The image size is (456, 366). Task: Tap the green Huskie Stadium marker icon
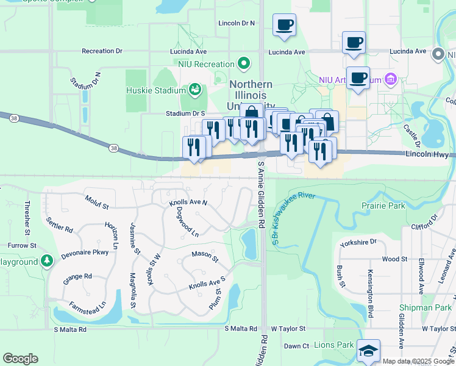coord(195,90)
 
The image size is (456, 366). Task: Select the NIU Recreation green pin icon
coord(244,63)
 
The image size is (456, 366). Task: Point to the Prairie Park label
coord(383,206)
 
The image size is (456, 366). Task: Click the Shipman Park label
coord(425,308)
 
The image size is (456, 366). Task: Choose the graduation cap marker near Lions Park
coord(368,351)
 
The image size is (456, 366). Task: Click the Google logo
coord(20,359)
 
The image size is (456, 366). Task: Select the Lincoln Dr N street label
coord(237,23)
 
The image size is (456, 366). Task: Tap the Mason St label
coord(205,254)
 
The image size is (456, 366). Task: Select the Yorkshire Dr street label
coord(359,242)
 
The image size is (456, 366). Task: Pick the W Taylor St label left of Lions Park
coord(288,328)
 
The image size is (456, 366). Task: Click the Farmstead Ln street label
coord(88,304)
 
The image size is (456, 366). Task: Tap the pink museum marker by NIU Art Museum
coord(391,80)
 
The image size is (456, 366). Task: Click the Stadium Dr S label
coord(185,113)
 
